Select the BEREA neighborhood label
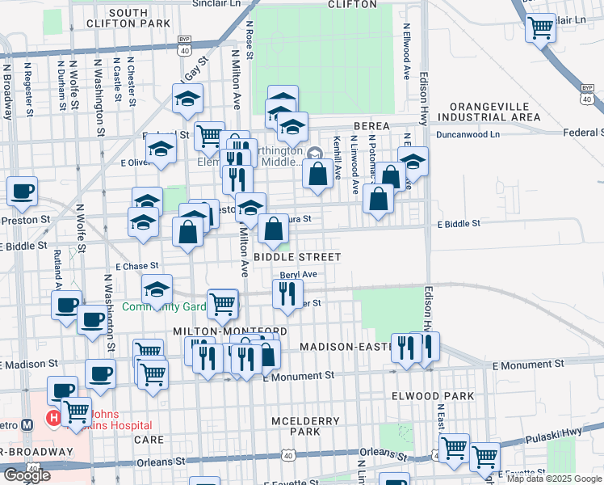click(371, 127)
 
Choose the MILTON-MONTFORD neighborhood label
click(230, 332)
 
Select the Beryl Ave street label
click(298, 275)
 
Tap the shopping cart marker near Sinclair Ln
click(540, 28)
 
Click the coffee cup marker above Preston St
click(23, 192)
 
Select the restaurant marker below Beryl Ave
click(288, 295)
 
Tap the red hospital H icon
click(53, 419)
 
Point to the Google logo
click(27, 475)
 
